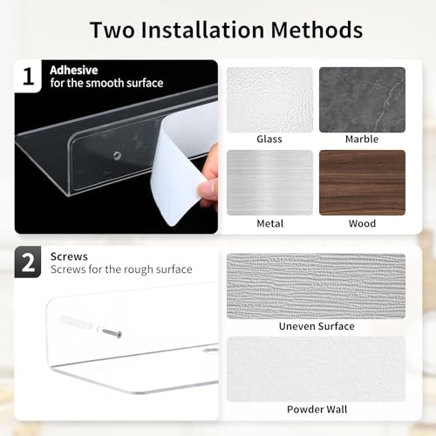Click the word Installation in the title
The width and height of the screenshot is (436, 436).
click(x=202, y=30)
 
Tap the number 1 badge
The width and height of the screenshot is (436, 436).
click(x=28, y=76)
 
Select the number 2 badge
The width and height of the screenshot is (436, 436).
click(x=28, y=262)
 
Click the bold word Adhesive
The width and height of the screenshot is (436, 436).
click(x=74, y=70)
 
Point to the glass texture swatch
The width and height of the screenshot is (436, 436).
click(x=269, y=99)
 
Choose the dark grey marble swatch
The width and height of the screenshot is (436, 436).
click(x=362, y=99)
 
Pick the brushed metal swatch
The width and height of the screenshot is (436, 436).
click(x=269, y=182)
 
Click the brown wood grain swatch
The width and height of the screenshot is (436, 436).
click(x=362, y=182)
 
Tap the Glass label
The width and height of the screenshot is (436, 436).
click(x=269, y=139)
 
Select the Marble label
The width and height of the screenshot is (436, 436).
click(x=362, y=139)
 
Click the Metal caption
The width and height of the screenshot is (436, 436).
click(x=270, y=223)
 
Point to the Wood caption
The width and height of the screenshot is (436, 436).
click(x=362, y=223)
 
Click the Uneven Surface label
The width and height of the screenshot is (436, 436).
click(x=317, y=326)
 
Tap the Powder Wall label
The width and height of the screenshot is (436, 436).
click(x=317, y=409)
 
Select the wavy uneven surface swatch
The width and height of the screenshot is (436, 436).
click(x=316, y=286)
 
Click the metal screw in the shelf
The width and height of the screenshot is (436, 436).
click(x=112, y=332)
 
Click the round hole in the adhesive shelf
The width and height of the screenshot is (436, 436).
click(x=118, y=155)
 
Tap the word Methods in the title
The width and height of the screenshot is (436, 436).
click(x=317, y=30)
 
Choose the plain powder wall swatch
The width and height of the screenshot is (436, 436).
click(x=316, y=369)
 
